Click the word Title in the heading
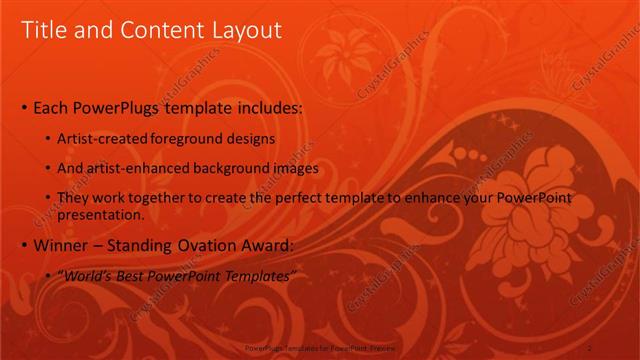45,31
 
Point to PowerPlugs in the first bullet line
125,106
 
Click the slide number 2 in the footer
590,347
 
